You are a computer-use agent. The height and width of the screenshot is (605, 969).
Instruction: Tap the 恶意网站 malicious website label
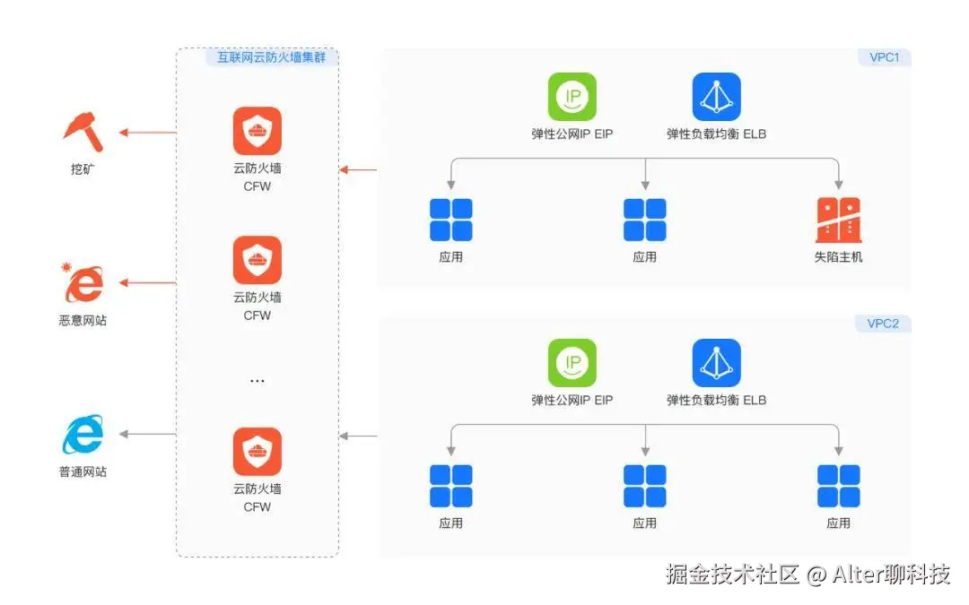point(83,320)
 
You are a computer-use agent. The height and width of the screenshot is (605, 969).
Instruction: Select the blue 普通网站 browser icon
point(83,436)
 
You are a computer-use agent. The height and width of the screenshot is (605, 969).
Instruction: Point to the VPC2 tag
point(883,324)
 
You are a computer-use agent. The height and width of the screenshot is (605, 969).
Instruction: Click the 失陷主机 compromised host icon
point(839,220)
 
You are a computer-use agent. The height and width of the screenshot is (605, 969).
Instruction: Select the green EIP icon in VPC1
point(572,97)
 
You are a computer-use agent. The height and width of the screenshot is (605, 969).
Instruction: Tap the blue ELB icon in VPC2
point(716,362)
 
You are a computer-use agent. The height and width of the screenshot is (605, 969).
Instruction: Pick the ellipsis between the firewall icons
point(257,381)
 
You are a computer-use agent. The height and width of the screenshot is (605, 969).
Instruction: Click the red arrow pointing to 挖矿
point(148,133)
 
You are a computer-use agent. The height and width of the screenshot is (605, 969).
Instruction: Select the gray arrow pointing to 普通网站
point(148,435)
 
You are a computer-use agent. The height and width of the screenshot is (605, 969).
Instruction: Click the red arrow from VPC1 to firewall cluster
point(359,169)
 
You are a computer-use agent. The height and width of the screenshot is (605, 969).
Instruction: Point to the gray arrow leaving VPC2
point(359,436)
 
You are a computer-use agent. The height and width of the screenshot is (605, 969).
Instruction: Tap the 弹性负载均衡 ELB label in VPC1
point(716,134)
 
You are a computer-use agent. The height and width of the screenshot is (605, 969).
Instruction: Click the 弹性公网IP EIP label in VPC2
point(572,401)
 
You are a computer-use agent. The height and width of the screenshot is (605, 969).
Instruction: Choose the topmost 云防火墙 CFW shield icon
point(258,131)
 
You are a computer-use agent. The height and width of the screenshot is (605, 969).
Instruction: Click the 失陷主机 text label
point(839,257)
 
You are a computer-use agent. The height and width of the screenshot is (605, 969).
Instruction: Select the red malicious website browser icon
point(83,284)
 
